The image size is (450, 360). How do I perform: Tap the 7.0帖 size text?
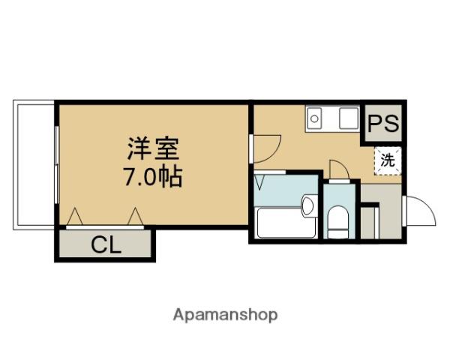pos(152,178)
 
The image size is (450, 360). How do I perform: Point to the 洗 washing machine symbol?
pos(387,160)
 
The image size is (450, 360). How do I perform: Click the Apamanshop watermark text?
pos(224,315)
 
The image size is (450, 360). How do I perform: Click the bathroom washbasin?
pos(307,206)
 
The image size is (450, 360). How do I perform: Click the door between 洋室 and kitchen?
pos(266,145)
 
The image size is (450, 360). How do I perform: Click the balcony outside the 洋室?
pos(33,163)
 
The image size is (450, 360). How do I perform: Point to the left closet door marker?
pos(76,217)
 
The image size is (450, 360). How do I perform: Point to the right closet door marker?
pos(135,217)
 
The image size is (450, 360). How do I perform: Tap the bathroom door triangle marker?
pos(260,182)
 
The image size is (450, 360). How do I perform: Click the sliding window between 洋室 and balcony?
pos(57,163)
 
